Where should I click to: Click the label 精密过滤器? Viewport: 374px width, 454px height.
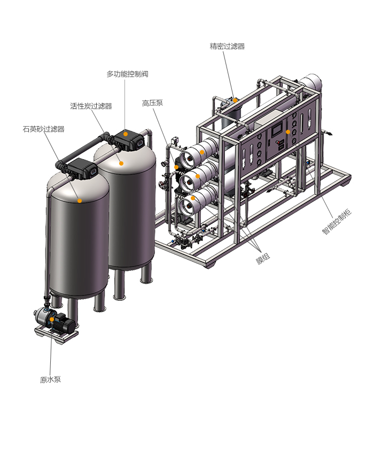coord(227,46)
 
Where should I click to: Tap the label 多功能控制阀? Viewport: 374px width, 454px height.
coord(127,74)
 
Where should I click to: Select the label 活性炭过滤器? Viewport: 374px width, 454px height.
coord(91,106)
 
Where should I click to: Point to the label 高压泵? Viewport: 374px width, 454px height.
coord(152,103)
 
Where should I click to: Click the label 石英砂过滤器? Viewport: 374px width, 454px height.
coord(43,129)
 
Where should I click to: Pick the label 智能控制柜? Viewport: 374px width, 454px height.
coord(337,222)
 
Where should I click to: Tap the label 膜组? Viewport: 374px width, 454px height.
coord(263,259)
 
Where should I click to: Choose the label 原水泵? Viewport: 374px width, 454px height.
coord(50,380)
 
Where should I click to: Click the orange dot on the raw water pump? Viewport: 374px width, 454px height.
coord(52,319)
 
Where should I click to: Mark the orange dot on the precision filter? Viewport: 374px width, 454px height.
coord(235,100)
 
